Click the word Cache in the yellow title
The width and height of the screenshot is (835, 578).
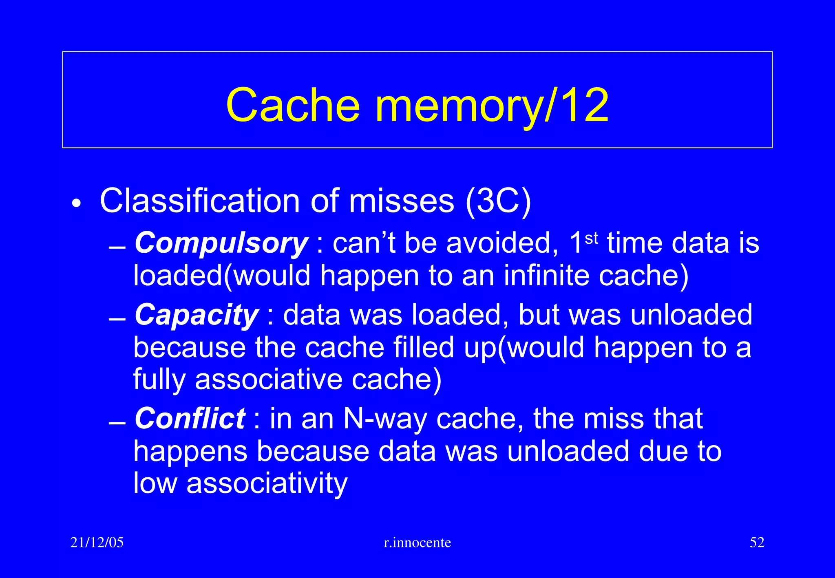(x=293, y=105)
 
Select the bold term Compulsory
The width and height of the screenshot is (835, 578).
(x=221, y=243)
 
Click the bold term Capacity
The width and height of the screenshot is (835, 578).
(x=197, y=315)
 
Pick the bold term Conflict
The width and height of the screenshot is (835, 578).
(x=190, y=419)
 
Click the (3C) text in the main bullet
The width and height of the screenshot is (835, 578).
(x=498, y=201)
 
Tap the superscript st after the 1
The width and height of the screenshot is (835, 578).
(x=591, y=238)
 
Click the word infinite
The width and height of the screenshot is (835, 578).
(x=547, y=276)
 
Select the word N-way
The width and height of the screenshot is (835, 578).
(x=385, y=419)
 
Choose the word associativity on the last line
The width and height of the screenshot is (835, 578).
(x=267, y=483)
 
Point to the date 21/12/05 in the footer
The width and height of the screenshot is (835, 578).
(x=97, y=543)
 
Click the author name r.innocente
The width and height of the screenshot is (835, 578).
(x=417, y=543)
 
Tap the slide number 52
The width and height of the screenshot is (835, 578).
(x=757, y=543)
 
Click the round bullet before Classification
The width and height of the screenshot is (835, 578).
(x=76, y=203)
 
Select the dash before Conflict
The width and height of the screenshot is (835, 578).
(x=117, y=424)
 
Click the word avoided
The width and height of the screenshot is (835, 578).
(x=502, y=243)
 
